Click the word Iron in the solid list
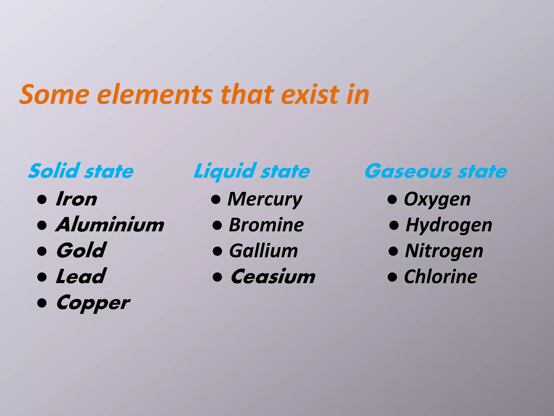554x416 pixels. [76, 199]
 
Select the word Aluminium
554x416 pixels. [110, 225]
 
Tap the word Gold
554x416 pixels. [81, 251]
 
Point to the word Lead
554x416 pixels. [81, 276]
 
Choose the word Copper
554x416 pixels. [93, 303]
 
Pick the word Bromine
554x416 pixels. [266, 225]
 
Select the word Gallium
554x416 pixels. [263, 251]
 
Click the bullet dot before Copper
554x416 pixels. [42, 303]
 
